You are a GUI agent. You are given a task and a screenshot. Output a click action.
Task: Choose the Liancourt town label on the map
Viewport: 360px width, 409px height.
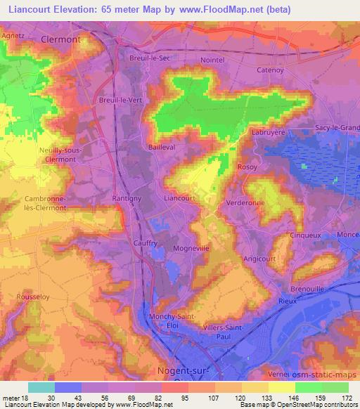tap(179, 198)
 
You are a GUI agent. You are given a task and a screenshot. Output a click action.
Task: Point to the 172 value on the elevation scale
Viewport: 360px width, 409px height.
tap(347, 398)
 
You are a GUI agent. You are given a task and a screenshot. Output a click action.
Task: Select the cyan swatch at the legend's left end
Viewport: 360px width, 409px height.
tap(41, 387)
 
